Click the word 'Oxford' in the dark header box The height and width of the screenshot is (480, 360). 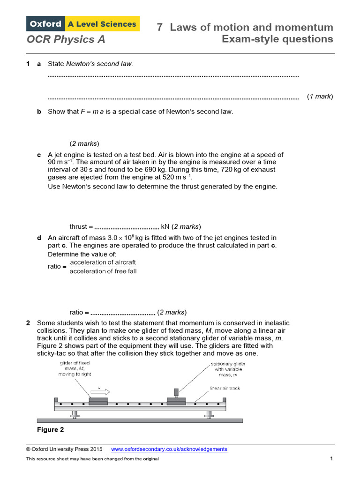coord(46,23)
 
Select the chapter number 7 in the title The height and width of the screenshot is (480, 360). coord(160,27)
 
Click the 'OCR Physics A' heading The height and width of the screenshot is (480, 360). coord(66,39)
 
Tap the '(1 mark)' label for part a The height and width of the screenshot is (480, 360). coord(320,96)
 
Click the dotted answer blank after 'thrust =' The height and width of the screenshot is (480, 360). coord(127,227)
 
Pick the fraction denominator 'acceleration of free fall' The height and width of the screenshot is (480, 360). coord(103,271)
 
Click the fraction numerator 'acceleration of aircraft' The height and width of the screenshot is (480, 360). coord(103,262)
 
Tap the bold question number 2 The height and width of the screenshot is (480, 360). coord(28,323)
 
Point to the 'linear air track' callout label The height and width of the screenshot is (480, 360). coord(225,388)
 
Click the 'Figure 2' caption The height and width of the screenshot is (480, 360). coord(50,429)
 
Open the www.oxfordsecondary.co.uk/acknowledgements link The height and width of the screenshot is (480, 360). coord(169,449)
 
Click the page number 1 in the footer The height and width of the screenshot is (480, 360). coord(331,458)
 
